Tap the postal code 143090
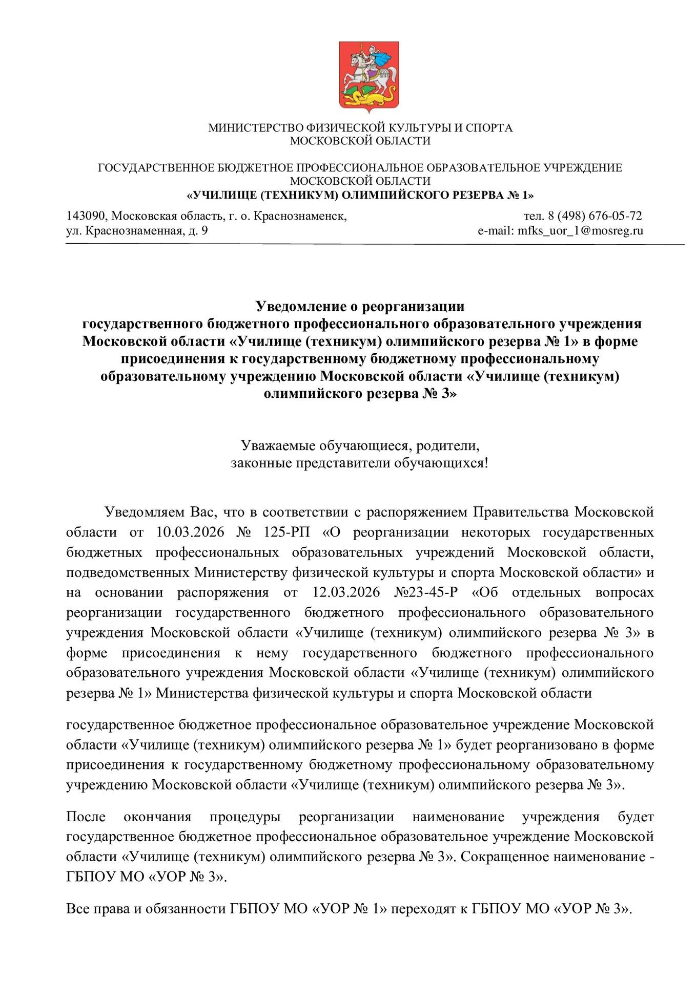(x=84, y=216)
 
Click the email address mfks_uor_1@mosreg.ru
(x=580, y=230)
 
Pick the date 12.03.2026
(x=346, y=592)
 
